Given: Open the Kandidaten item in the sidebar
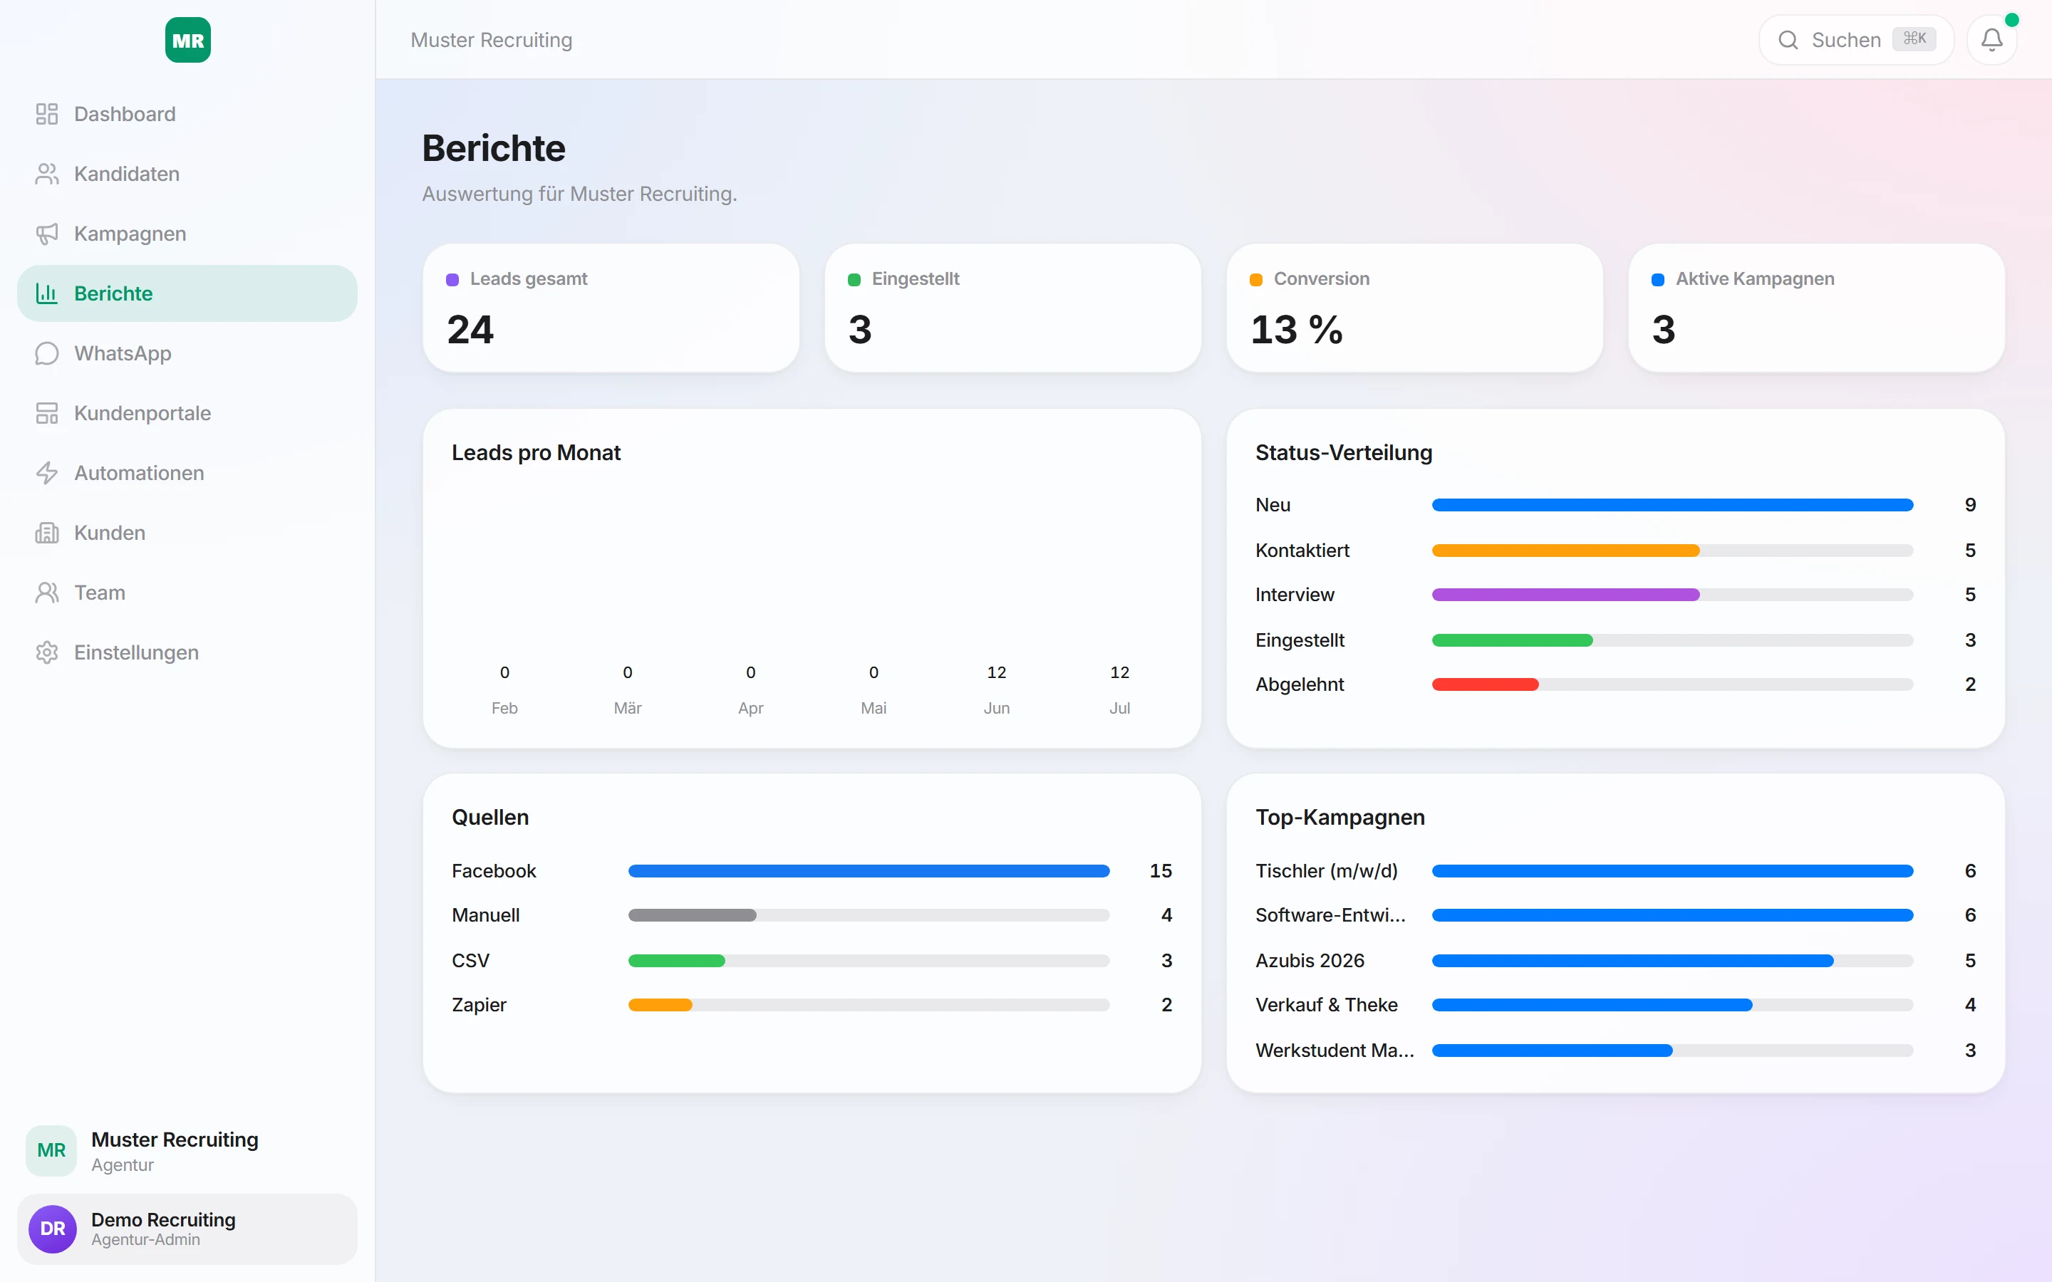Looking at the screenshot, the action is pos(126,174).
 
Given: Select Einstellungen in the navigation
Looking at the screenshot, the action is pos(135,653).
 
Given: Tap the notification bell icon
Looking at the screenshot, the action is pos(1992,40).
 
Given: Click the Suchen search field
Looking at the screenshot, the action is pos(1856,40).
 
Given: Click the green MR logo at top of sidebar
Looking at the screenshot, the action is pos(187,40).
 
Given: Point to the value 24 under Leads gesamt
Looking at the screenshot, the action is pos(470,329).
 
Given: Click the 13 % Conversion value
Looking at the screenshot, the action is pos(1297,329).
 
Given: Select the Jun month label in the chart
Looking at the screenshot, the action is pos(996,708).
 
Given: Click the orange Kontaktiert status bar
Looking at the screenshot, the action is pos(1565,551).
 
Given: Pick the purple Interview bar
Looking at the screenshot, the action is pos(1565,595).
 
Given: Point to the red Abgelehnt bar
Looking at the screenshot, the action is pos(1485,684).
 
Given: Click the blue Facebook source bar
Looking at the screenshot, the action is pos(869,871).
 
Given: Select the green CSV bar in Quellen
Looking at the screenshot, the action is pos(677,961).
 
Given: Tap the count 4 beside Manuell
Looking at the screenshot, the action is pos(1167,915).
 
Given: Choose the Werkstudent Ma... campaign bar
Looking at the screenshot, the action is pos(1552,1051).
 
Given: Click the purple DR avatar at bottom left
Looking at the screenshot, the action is pos(53,1229).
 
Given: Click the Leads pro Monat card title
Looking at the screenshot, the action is pos(536,453).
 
